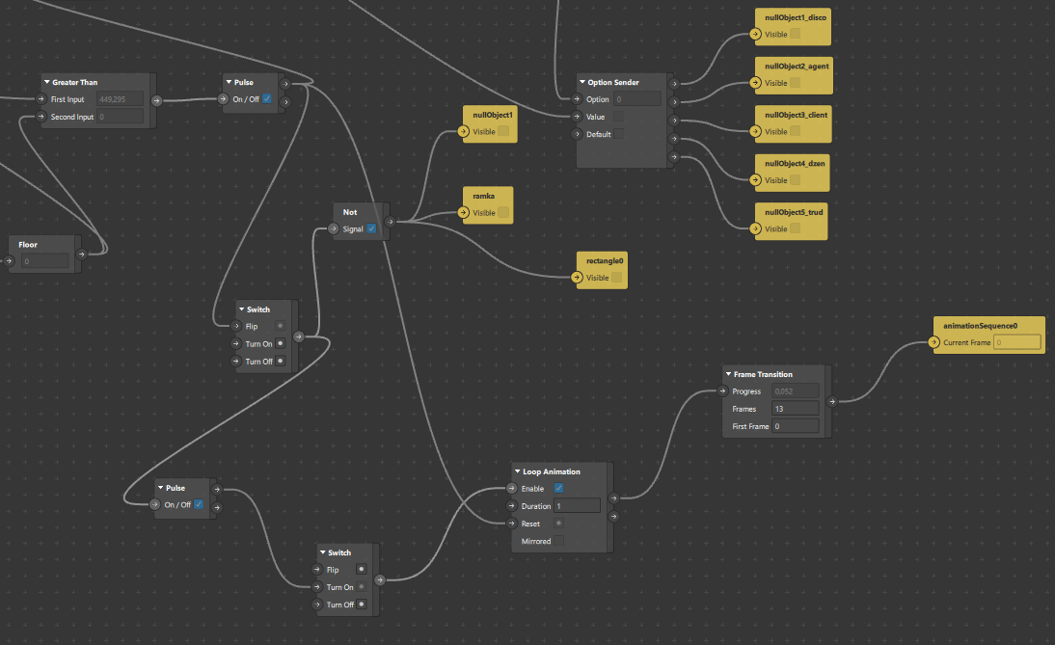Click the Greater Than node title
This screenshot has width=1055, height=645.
pos(74,82)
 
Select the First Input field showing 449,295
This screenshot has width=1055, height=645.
pos(121,99)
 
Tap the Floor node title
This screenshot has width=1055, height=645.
pos(28,245)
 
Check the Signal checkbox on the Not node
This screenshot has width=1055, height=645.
pos(371,228)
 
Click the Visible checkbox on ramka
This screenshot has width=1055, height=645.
pos(502,212)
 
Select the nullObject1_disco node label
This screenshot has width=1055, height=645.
pos(796,17)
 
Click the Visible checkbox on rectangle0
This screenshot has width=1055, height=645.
pos(616,278)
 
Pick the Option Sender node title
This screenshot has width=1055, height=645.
pos(613,82)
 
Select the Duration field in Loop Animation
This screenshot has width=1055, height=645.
pos(577,506)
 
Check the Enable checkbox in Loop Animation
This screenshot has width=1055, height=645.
pos(558,489)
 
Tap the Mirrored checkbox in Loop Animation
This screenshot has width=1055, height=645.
pos(558,541)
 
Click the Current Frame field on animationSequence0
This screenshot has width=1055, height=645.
pos(1017,342)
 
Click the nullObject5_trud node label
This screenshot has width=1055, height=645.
pos(795,212)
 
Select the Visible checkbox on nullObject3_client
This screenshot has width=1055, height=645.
pos(796,131)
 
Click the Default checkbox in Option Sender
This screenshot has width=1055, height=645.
pos(618,134)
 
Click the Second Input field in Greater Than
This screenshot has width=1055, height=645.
pos(121,117)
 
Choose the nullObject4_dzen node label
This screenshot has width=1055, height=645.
pos(795,163)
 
